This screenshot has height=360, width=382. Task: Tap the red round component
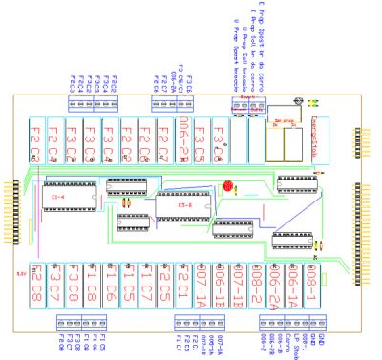click(227, 187)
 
